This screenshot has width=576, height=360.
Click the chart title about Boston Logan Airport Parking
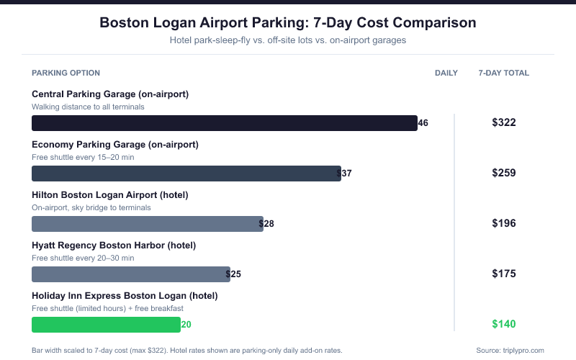pos(287,22)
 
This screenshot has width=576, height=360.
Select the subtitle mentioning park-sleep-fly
pos(287,40)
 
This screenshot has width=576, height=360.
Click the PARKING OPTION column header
pos(66,73)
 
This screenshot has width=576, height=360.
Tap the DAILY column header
pos(446,73)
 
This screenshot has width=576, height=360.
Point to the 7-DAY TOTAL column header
pos(503,73)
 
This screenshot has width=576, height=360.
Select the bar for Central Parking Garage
pos(225,123)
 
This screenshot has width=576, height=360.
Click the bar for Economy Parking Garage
pos(186,174)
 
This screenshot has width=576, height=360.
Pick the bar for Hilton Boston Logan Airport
pos(148,224)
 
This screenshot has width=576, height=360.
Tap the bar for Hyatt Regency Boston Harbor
pos(131,274)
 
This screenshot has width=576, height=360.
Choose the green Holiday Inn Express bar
pos(106,325)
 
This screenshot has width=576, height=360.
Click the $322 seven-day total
pos(503,122)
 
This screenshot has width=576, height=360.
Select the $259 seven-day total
pos(503,173)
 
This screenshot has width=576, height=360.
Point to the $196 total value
pos(503,223)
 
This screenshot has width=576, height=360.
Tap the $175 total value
pos(503,274)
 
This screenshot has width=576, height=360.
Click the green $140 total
pos(503,324)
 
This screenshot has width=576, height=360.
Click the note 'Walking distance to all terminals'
pos(89,107)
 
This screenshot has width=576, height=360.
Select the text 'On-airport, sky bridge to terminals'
pos(91,207)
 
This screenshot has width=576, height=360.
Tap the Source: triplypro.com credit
pos(510,351)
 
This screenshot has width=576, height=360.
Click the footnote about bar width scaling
pos(186,351)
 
